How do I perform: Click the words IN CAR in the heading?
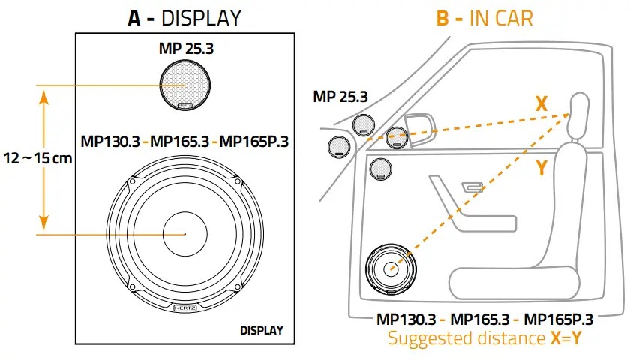pyautogui.click(x=500, y=17)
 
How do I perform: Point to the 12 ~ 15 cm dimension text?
pyautogui.click(x=37, y=160)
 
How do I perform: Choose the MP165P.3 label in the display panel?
pyautogui.click(x=254, y=142)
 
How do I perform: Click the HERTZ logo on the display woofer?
pyautogui.click(x=184, y=307)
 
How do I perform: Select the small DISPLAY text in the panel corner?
pyautogui.click(x=261, y=330)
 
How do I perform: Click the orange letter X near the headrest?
pyautogui.click(x=541, y=103)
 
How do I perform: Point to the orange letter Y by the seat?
pyautogui.click(x=541, y=169)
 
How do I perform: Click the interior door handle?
pyautogui.click(x=470, y=187)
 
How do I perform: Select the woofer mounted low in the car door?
pyautogui.click(x=390, y=268)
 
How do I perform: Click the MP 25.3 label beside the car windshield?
pyautogui.click(x=340, y=97)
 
